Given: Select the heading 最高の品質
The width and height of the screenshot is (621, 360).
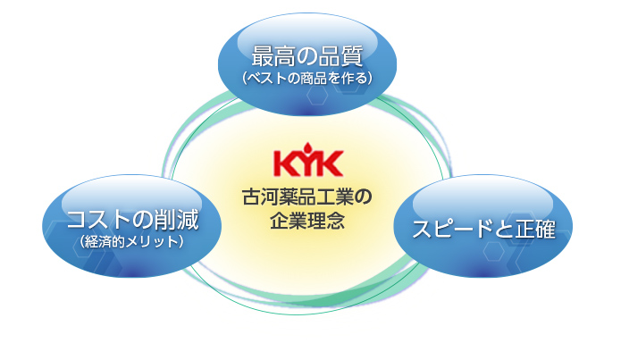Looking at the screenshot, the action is [307, 56].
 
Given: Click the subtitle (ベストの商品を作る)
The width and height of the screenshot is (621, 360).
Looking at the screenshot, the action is [307, 78].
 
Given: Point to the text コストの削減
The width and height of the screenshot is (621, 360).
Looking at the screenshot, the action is [132, 220].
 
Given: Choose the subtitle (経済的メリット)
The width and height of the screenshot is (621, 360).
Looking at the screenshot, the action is [132, 241].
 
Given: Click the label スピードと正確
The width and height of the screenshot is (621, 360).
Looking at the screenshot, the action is [483, 229].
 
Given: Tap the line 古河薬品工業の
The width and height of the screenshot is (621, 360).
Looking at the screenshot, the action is [307, 197].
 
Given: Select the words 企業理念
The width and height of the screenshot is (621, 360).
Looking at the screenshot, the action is [307, 220].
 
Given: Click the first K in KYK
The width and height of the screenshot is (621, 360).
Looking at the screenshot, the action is [287, 163].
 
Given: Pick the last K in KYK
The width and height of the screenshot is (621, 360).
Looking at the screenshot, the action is [330, 163].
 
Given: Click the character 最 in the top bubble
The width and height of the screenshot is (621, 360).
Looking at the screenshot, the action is [263, 56].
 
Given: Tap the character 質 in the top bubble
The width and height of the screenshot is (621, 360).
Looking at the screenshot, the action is [352, 56].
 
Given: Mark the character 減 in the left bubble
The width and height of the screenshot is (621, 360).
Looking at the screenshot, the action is [188, 220].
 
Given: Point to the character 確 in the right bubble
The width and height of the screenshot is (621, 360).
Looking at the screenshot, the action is [544, 229].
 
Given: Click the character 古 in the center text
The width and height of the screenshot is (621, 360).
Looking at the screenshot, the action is [251, 197].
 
